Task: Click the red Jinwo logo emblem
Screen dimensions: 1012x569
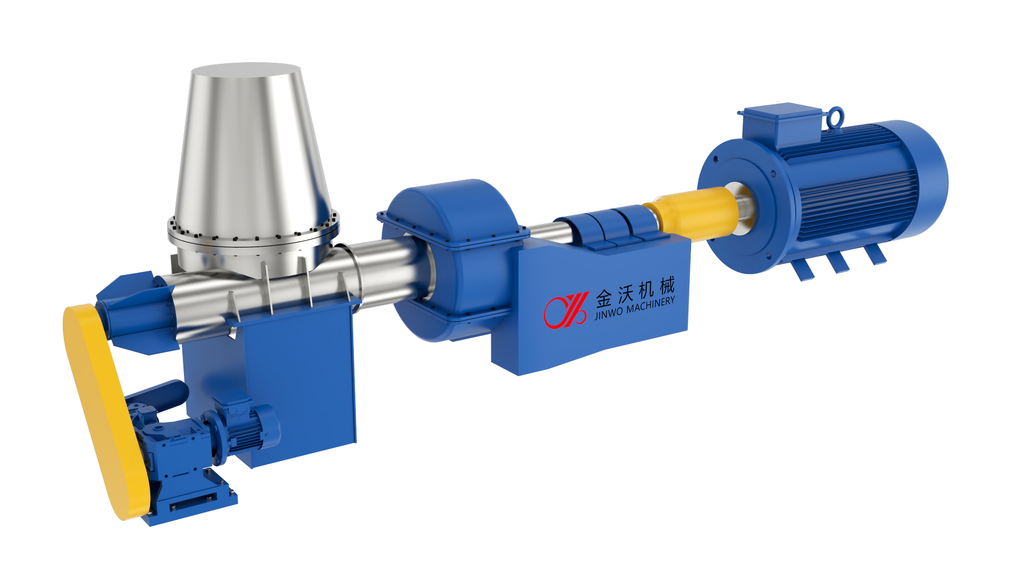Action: [566, 310]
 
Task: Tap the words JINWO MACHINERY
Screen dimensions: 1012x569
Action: [635, 308]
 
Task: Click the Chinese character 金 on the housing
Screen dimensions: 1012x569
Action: [604, 299]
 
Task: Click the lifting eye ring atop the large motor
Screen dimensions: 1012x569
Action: [835, 117]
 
